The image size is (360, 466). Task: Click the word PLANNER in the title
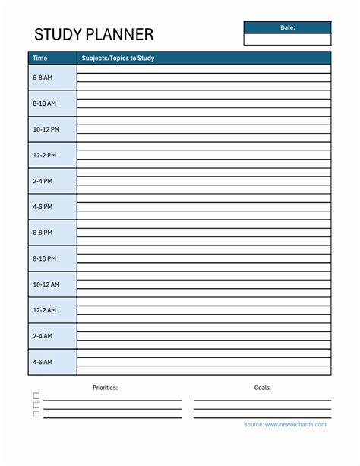point(122,34)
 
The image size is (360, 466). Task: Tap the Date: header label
point(287,27)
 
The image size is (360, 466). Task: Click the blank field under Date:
point(287,40)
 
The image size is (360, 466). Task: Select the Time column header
point(40,58)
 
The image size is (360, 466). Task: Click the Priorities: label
point(106,388)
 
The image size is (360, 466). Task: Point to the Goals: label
point(263,388)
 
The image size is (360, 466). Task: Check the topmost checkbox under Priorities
point(36,396)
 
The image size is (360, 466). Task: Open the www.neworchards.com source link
point(295,424)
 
